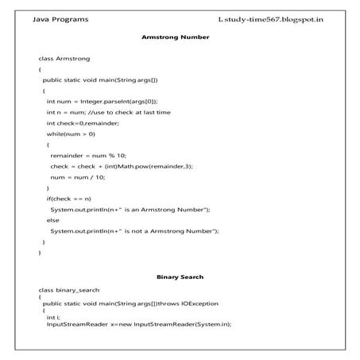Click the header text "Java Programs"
coord(60,18)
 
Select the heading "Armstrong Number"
coord(175,37)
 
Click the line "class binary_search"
coord(69,290)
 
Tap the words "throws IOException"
coord(189,303)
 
